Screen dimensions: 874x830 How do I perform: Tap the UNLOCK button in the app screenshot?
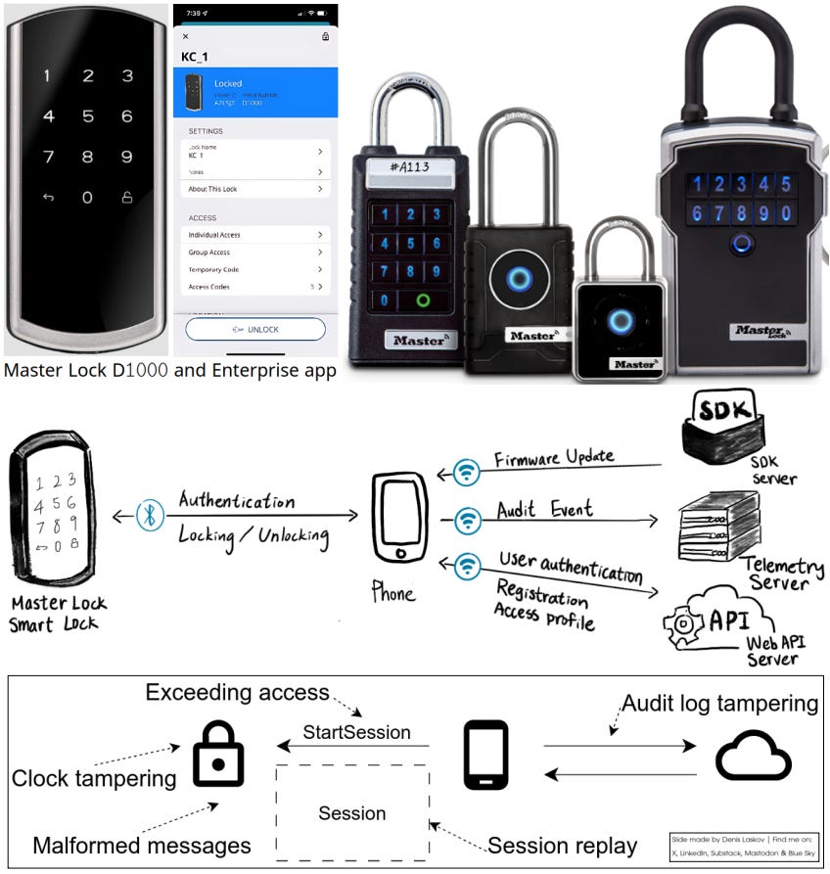[x=254, y=330]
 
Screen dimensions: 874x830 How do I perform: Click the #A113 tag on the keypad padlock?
[x=409, y=167]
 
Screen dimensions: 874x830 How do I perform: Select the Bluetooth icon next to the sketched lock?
[x=150, y=516]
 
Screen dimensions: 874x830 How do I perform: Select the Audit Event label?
[x=544, y=510]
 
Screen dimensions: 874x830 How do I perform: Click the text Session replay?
[x=562, y=846]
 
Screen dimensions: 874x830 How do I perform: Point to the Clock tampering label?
[x=94, y=779]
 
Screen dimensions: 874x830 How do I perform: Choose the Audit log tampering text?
[x=719, y=703]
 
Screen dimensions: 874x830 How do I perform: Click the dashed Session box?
[x=352, y=811]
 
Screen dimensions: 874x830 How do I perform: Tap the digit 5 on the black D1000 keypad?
[x=88, y=116]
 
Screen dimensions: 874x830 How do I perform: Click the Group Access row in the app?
[x=254, y=253]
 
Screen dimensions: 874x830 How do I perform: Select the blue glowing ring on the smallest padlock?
[x=619, y=322]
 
